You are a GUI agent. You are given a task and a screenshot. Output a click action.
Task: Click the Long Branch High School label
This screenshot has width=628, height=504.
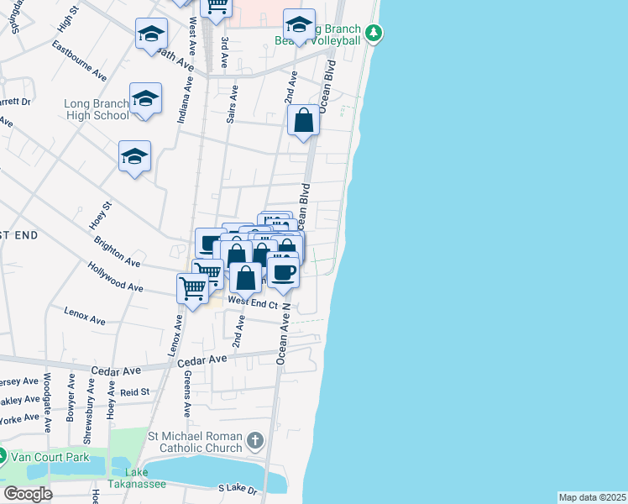[x=97, y=110]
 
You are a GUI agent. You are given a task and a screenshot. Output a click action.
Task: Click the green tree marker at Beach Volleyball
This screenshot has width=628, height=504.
[x=374, y=34]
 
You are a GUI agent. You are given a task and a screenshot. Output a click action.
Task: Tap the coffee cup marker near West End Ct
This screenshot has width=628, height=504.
[x=283, y=273]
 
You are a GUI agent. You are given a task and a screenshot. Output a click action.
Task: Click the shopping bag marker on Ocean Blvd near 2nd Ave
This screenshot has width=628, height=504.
[x=303, y=120]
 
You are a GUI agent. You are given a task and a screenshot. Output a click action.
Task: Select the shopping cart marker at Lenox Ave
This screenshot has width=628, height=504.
[x=193, y=289]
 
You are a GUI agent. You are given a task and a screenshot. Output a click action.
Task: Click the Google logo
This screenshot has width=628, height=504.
[x=29, y=493]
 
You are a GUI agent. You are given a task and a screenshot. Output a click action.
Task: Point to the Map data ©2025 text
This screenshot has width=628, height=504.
[x=592, y=497]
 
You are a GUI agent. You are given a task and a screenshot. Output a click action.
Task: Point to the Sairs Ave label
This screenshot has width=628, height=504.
[x=233, y=108]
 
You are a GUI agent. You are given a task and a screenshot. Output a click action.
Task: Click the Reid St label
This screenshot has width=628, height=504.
[x=134, y=391]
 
